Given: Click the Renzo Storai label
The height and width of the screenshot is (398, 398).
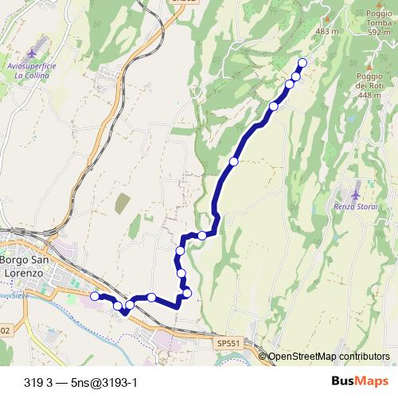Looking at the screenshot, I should [x=354, y=208].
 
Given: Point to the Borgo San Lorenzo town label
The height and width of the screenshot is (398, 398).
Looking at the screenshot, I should [x=25, y=267].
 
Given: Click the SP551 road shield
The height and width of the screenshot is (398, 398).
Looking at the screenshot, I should [x=228, y=342].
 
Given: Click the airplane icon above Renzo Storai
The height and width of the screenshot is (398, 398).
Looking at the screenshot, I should [x=355, y=193].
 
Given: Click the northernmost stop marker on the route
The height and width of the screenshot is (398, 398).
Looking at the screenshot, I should [x=302, y=63].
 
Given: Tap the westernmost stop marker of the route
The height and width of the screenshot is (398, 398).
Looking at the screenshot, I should [x=94, y=296].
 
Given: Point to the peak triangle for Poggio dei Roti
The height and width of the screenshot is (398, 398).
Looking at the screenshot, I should [x=369, y=67].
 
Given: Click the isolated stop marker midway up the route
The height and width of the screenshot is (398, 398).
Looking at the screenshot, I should [x=233, y=162].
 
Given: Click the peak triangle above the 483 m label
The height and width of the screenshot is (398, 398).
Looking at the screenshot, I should [x=326, y=17].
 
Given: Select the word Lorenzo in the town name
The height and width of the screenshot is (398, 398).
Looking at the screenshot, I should [x=25, y=273].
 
